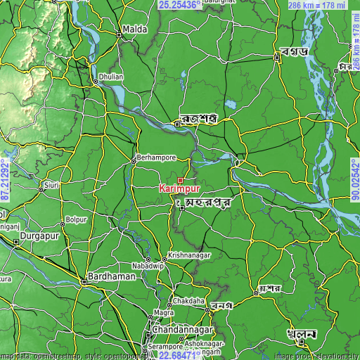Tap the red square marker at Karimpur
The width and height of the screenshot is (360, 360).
[x=180, y=181]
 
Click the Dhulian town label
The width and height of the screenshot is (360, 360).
[x=111, y=75]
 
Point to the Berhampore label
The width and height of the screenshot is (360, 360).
[x=153, y=157]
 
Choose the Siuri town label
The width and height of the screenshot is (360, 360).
[x=51, y=186]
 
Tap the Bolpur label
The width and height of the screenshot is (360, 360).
[x=77, y=220]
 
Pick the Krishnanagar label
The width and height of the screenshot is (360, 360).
[x=190, y=256]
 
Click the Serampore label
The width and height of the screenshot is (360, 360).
[x=165, y=347]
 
